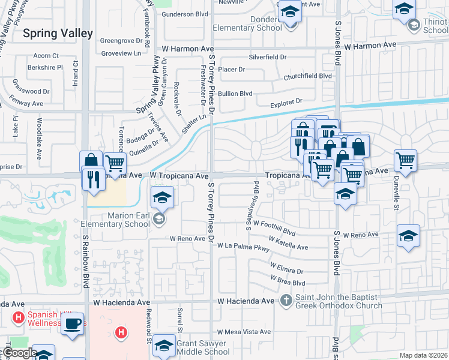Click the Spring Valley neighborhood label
pyautogui.click(x=58, y=33)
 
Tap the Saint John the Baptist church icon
pyautogui.click(x=286, y=300)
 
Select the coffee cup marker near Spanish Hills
pyautogui.click(x=73, y=325)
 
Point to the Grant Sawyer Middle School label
pyautogui.click(x=202, y=348)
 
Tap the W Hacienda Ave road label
pyautogui.click(x=246, y=300)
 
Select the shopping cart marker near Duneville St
pyautogui.click(x=406, y=160)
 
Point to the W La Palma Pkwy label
pyautogui.click(x=244, y=245)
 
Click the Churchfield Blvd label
pyautogui.click(x=308, y=76)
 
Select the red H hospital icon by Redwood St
pyautogui.click(x=121, y=332)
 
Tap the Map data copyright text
pyautogui.click(x=424, y=355)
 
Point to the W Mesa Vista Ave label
pyautogui.click(x=244, y=332)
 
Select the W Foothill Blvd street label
pyautogui.click(x=275, y=227)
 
